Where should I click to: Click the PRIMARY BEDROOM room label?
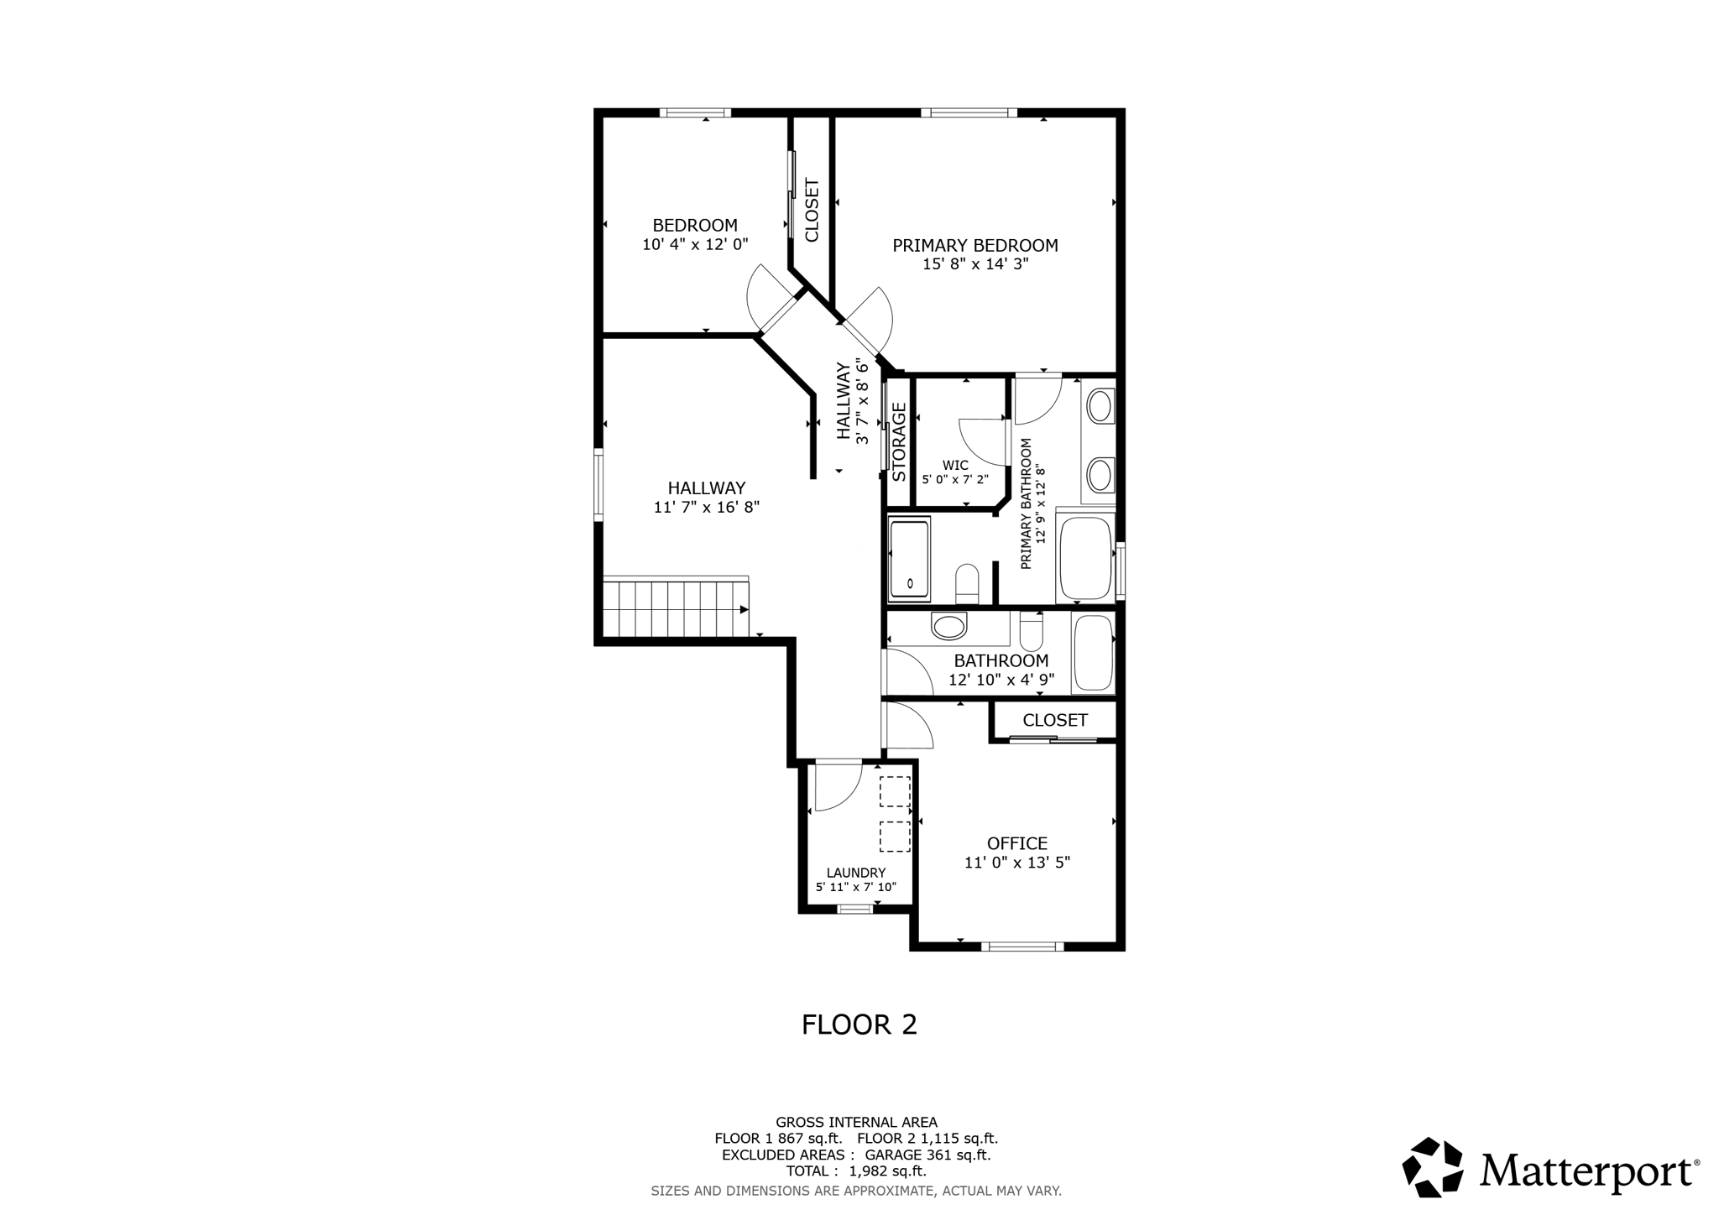pos(974,246)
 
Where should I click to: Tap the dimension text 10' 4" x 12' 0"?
pos(695,244)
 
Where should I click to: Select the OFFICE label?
pos(1016,843)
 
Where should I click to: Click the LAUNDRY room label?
pos(855,873)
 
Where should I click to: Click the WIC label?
pos(955,465)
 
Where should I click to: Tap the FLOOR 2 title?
pos(859,1025)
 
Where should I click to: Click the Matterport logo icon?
pos(1433,1167)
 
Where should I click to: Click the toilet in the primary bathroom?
pos(967,582)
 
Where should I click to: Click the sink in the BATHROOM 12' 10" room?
pos(949,626)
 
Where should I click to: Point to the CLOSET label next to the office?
pos(1054,720)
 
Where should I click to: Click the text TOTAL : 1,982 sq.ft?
pos(855,1171)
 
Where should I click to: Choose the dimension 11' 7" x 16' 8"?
pos(706,507)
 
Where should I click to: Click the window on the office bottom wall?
pos(1022,946)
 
